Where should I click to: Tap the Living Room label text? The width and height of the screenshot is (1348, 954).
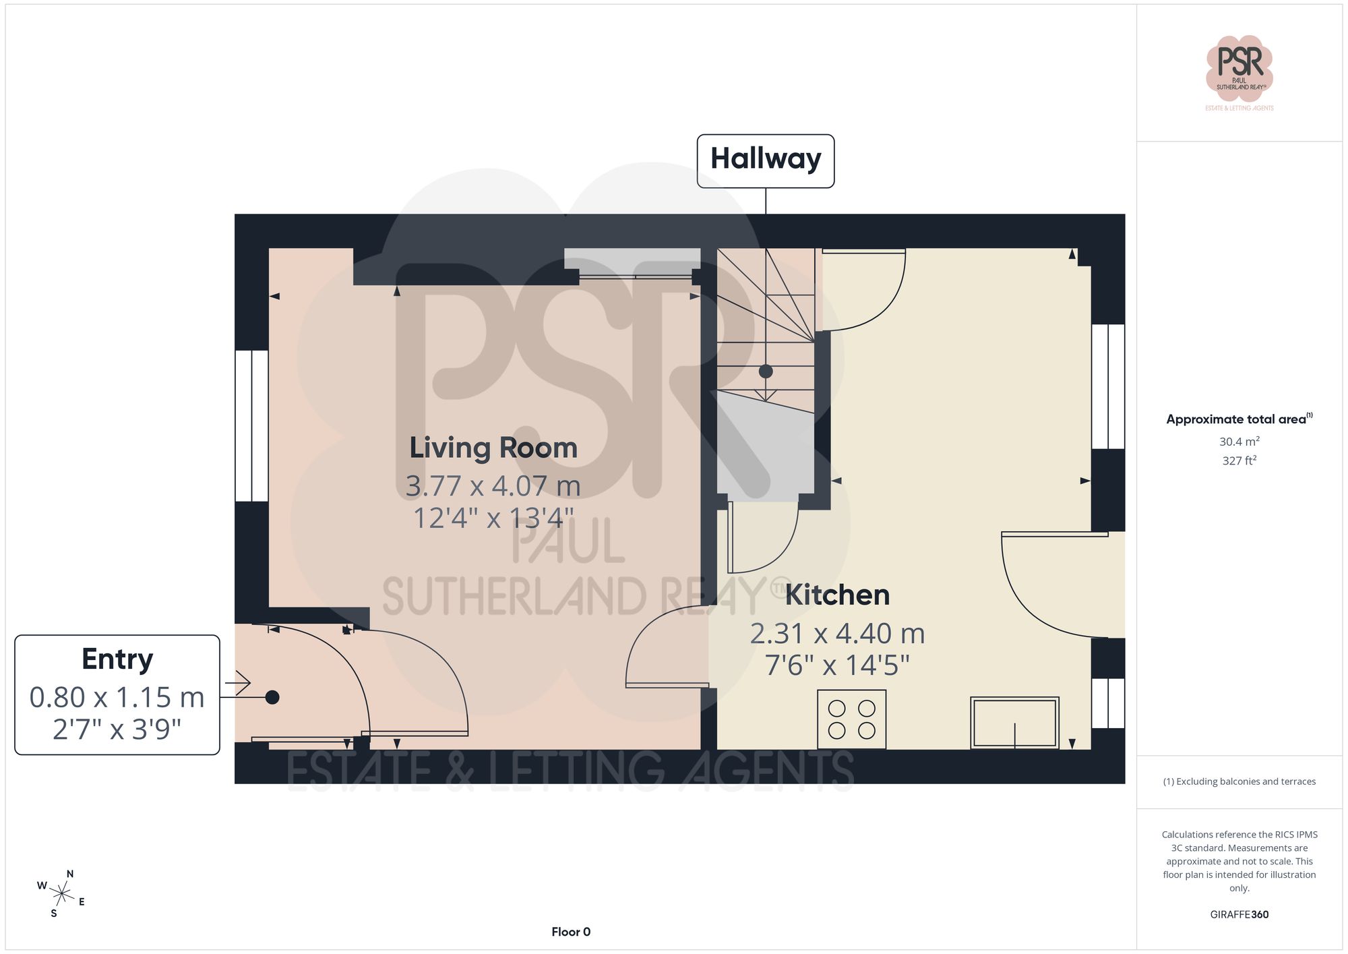tap(493, 448)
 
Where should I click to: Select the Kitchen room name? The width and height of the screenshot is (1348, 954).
tap(837, 595)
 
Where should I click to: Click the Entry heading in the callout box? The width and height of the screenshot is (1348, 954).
tap(117, 659)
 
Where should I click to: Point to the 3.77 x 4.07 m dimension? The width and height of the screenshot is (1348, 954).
tap(493, 486)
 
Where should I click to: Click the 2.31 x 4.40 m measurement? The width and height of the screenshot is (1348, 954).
tap(837, 634)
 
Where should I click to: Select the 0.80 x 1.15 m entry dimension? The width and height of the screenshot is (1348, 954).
tap(117, 698)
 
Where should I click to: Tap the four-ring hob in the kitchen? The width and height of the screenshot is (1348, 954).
tap(851, 719)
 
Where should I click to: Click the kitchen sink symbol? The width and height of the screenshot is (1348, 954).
tap(1014, 723)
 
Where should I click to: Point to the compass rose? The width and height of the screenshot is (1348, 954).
tap(61, 895)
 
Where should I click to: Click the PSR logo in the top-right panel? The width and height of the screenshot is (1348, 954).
tap(1239, 68)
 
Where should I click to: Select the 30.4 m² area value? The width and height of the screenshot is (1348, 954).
tap(1239, 442)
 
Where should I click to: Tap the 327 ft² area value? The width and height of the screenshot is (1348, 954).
tap(1239, 461)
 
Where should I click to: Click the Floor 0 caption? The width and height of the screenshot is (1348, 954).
tap(570, 932)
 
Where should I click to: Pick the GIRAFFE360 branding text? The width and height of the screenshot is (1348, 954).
tap(1239, 915)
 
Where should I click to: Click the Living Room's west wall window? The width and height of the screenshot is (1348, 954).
tap(251, 425)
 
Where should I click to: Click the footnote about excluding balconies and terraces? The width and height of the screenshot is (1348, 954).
tap(1239, 781)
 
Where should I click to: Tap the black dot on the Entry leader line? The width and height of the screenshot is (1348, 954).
tap(272, 698)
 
